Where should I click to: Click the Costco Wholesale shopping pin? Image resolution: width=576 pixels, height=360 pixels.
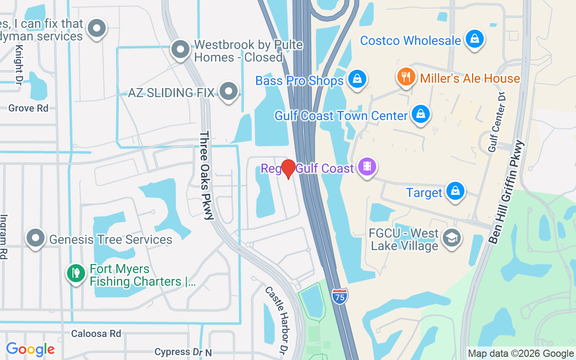click(474, 39)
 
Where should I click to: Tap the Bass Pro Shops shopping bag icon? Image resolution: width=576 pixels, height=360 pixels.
click(357, 80)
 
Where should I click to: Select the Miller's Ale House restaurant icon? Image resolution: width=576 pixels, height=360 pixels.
click(406, 77)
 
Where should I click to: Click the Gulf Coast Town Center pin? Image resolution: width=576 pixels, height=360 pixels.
click(420, 114)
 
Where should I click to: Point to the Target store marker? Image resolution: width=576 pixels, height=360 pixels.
click(455, 191)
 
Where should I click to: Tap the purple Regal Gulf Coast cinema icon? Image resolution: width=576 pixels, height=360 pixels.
click(367, 167)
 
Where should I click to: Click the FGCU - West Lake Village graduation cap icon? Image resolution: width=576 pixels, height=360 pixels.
click(451, 238)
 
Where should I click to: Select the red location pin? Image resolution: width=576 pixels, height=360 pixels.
click(288, 169)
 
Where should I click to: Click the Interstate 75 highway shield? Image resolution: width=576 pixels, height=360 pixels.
click(340, 297)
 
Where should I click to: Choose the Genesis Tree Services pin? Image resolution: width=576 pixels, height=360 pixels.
click(36, 238)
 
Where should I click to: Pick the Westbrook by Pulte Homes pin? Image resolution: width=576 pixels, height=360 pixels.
click(180, 49)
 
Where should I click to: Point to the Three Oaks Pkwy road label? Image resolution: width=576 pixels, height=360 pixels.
click(207, 175)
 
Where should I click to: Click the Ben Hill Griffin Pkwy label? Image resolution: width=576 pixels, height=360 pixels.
click(507, 192)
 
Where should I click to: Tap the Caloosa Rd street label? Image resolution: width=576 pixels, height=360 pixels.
click(96, 333)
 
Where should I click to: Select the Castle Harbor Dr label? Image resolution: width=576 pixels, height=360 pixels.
click(276, 319)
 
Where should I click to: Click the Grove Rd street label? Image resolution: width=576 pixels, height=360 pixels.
click(28, 108)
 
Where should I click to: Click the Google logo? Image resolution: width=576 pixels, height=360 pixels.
click(30, 349)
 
